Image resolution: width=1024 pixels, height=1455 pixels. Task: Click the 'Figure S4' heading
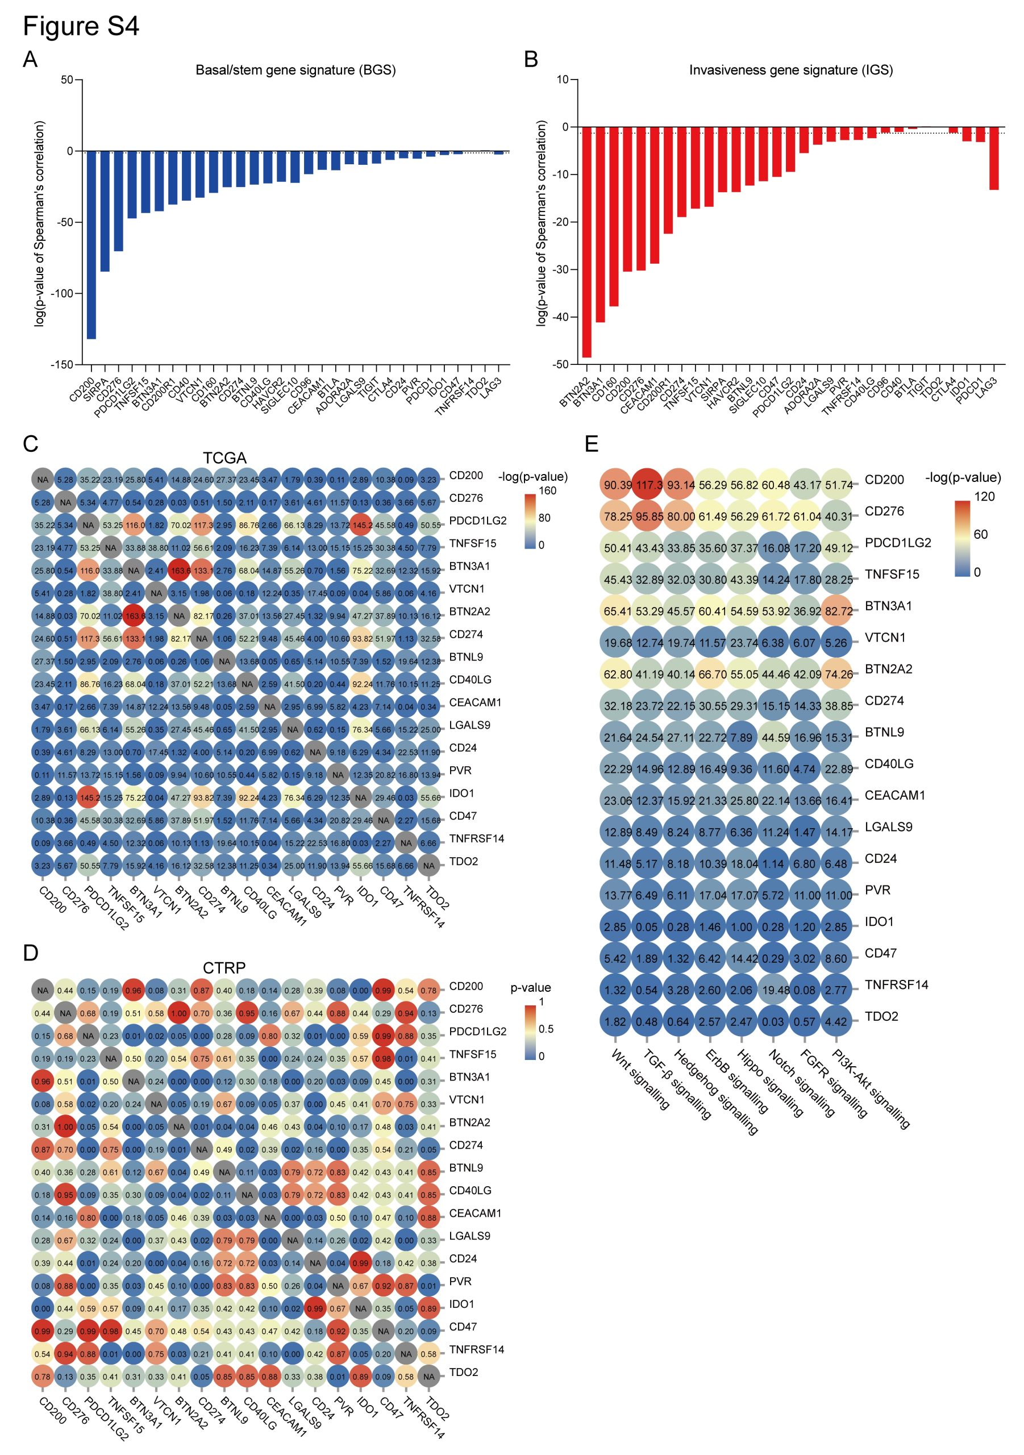click(x=81, y=27)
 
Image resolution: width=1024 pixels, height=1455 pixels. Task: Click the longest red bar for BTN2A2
click(x=587, y=242)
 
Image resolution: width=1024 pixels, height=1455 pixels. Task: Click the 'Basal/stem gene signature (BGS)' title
click(x=295, y=70)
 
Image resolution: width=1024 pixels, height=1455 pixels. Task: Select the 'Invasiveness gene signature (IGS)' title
click(x=791, y=70)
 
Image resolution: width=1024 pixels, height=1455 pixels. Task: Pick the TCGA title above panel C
click(x=224, y=458)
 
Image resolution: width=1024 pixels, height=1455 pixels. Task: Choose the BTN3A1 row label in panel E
click(x=888, y=606)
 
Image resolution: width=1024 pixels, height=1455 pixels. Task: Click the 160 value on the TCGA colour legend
click(x=547, y=490)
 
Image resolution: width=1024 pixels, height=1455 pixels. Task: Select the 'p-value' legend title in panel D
click(x=530, y=987)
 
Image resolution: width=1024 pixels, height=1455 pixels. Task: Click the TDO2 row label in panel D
click(x=463, y=1372)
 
